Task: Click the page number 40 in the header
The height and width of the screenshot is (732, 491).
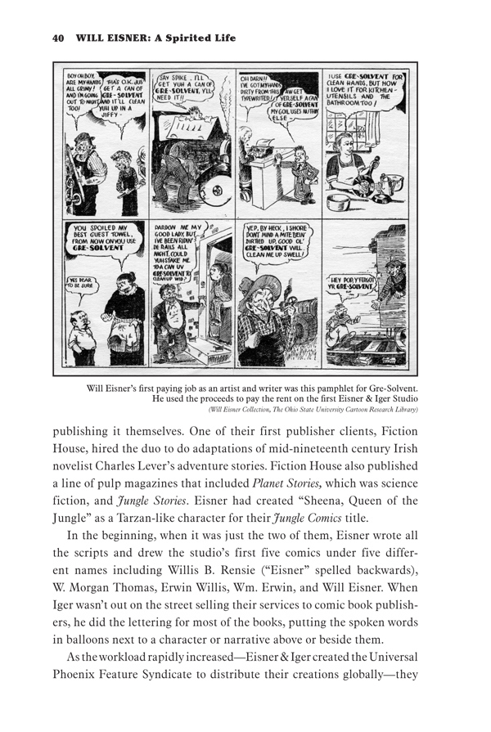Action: (57, 37)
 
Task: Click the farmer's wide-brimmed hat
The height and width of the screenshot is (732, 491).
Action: (277, 292)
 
